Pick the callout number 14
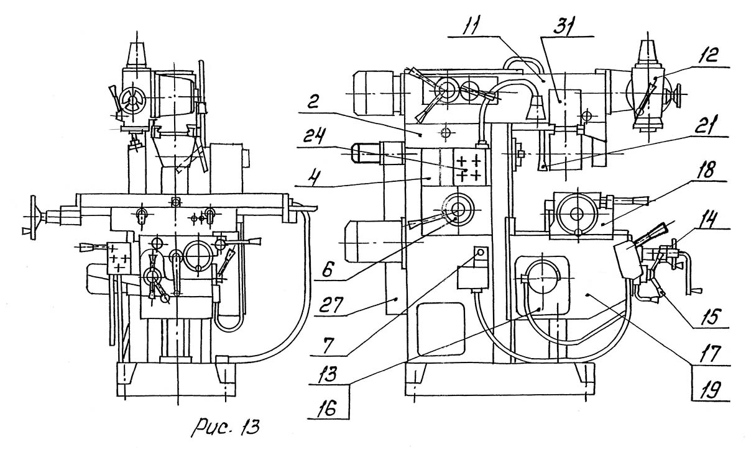(709, 220)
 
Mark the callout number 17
(710, 354)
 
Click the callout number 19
(710, 390)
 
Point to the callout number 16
(328, 408)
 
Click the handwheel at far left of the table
(33, 217)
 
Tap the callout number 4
(312, 174)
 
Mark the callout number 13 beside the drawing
(328, 374)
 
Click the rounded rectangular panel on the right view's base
(441, 329)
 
